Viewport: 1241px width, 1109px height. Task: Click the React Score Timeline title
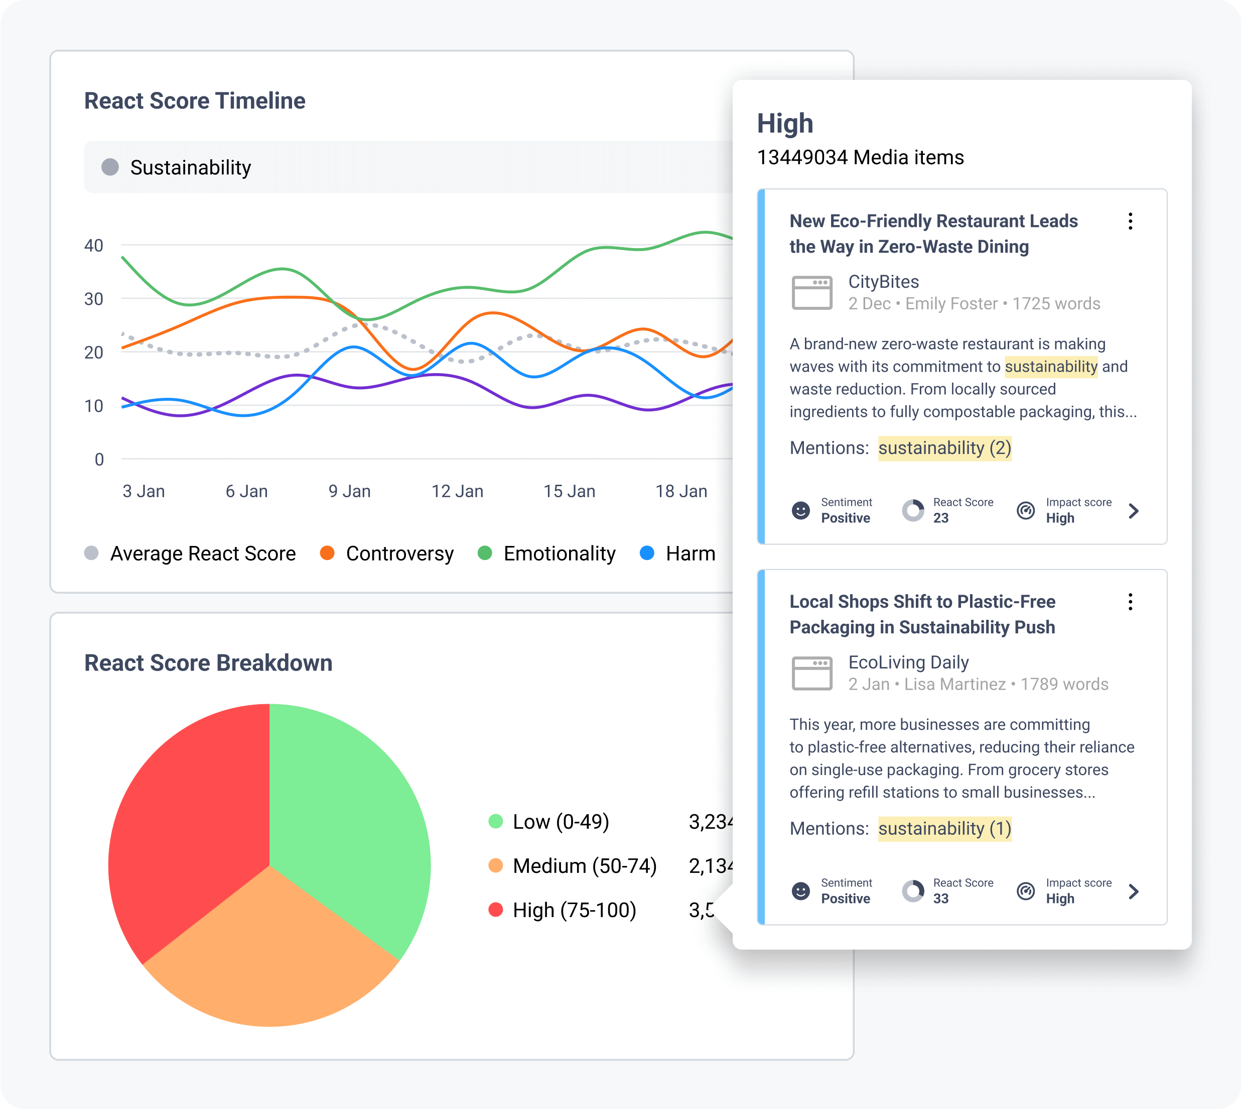point(194,100)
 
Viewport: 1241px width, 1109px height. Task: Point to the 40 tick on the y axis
point(94,246)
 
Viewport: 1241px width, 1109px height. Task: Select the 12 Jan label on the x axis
point(457,491)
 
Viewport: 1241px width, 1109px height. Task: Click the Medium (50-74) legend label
point(584,866)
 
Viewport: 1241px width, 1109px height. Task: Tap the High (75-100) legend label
point(574,910)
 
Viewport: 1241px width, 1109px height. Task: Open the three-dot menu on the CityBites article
point(1130,221)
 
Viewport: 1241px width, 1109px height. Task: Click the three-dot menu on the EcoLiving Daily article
point(1130,602)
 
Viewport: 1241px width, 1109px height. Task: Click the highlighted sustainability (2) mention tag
point(944,448)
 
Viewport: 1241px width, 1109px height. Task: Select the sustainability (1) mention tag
point(944,829)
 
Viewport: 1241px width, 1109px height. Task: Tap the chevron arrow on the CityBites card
point(1133,511)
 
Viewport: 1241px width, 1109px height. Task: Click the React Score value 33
point(941,898)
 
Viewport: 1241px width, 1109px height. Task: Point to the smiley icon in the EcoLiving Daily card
point(801,892)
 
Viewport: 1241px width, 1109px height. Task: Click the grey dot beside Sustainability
point(110,167)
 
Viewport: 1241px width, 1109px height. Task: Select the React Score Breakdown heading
point(208,663)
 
